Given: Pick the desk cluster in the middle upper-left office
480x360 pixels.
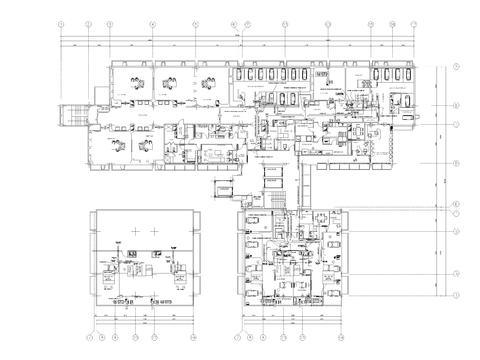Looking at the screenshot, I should (168, 82).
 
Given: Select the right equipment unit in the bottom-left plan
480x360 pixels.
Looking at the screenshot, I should (181, 268).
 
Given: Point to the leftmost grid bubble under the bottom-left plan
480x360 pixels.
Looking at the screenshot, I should (92, 337).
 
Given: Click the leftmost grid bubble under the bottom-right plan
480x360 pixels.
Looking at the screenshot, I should (240, 337).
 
